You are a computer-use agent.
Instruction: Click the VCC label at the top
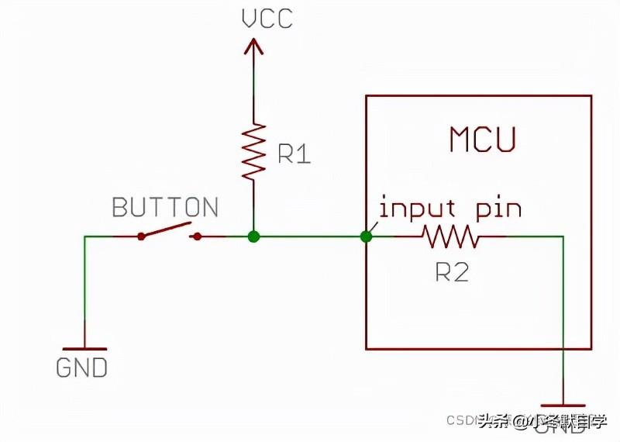point(267,18)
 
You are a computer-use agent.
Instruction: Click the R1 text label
point(294,155)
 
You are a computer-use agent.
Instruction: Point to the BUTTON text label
point(165,208)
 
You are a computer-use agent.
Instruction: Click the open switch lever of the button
point(166,230)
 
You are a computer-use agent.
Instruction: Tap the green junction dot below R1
point(253,236)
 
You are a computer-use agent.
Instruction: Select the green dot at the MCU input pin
point(367,236)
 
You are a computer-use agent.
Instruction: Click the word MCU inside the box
point(482,140)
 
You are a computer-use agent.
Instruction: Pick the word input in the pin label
point(416,209)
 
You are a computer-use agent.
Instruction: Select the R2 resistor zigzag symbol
point(451,236)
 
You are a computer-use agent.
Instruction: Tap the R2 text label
point(452,272)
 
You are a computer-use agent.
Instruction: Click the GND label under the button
point(82,368)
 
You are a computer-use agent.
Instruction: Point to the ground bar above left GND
point(84,349)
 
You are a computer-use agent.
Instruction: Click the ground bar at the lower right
point(563,405)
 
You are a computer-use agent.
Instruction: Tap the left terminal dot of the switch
point(141,236)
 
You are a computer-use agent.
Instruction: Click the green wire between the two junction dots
point(310,236)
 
